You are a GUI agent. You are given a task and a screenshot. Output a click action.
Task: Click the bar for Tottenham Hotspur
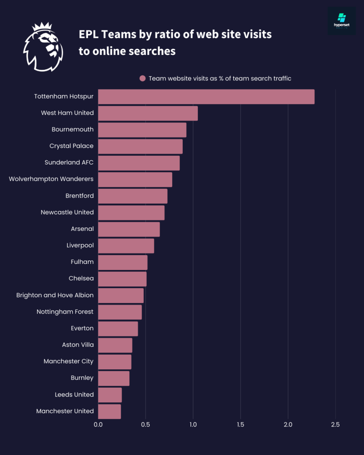click(206, 97)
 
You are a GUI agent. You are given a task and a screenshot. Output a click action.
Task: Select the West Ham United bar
click(148, 113)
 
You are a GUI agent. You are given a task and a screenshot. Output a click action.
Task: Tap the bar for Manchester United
click(110, 411)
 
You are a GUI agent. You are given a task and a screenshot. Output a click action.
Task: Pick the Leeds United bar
click(110, 395)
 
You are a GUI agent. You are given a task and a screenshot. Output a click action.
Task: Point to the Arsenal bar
click(129, 229)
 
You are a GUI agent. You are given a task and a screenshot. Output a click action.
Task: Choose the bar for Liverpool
click(126, 246)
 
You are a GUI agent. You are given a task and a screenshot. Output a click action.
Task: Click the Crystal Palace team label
click(71, 146)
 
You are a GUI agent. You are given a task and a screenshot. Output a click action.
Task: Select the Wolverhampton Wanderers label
click(51, 179)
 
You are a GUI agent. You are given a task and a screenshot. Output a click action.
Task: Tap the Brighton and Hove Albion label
click(55, 295)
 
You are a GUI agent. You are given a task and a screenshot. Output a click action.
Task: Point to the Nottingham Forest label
click(65, 312)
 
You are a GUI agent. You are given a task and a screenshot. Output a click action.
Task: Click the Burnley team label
click(82, 378)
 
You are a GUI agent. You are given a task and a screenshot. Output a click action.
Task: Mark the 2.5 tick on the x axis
click(335, 425)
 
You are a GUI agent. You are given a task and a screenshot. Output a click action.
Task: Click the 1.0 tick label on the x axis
click(193, 425)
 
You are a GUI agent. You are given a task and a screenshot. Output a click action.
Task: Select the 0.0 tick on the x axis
click(98, 425)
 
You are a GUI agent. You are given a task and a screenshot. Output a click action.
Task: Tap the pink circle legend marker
click(143, 78)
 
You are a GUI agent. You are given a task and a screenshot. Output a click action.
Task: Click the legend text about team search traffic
click(220, 78)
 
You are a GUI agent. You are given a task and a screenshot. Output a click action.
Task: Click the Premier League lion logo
click(43, 47)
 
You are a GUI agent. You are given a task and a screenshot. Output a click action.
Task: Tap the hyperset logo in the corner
click(342, 21)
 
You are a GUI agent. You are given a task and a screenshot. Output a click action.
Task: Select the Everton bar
click(118, 329)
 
